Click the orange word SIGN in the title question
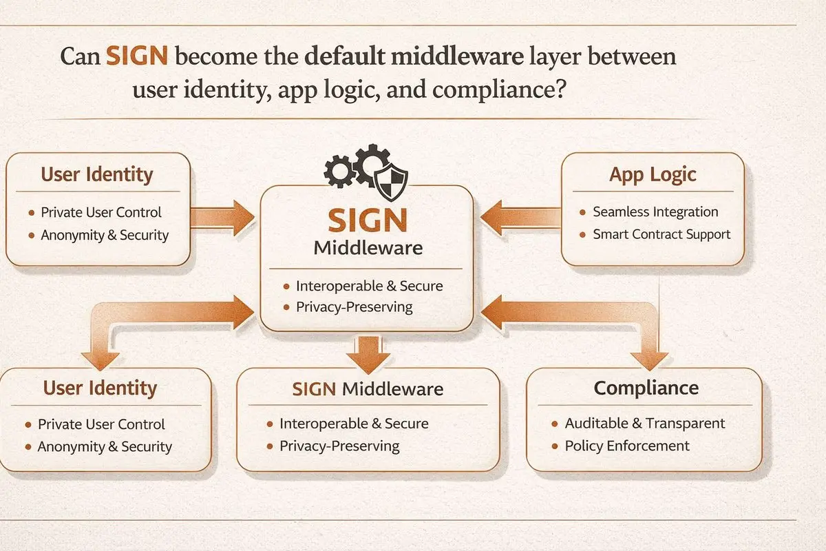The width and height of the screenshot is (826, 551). click(136, 56)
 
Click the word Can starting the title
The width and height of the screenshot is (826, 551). click(80, 56)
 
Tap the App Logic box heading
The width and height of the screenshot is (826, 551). click(653, 174)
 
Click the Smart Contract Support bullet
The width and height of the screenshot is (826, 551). click(661, 234)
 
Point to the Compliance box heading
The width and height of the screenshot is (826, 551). click(646, 388)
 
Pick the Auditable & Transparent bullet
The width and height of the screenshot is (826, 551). click(645, 424)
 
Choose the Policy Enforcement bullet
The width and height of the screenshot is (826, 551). click(627, 446)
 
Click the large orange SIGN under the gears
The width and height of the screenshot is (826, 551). click(367, 220)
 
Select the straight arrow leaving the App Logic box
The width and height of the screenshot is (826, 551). click(520, 219)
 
